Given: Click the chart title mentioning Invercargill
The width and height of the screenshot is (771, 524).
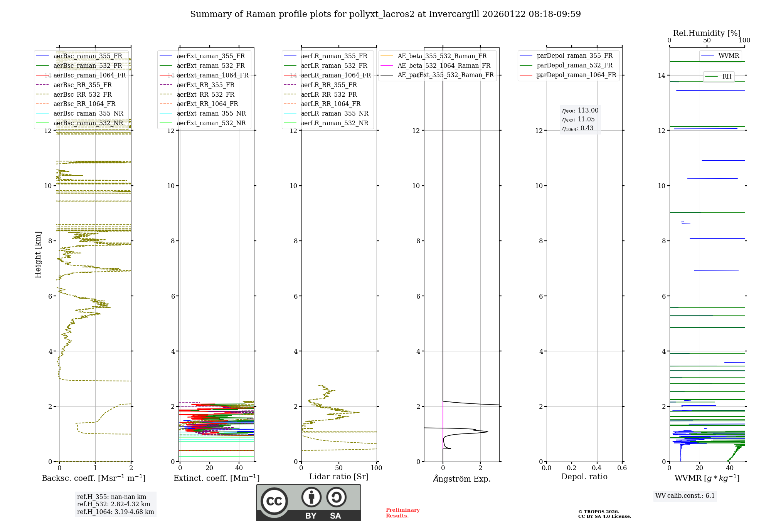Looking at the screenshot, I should click(x=385, y=14).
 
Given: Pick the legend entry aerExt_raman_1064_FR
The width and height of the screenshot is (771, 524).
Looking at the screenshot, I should click(x=212, y=75).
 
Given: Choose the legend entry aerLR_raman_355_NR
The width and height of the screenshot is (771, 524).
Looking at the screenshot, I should click(x=334, y=113).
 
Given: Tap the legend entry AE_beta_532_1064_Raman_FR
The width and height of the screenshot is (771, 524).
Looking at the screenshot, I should click(x=444, y=65).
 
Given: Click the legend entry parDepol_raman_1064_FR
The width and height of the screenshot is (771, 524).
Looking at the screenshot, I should click(x=576, y=75).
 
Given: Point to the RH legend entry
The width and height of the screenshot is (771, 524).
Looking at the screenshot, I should click(x=727, y=77).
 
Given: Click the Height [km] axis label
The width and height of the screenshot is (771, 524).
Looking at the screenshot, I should click(x=38, y=255).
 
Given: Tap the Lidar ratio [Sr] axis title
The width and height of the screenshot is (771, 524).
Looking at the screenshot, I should click(x=339, y=477).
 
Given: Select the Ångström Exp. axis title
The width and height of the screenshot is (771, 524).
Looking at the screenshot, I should click(x=461, y=479).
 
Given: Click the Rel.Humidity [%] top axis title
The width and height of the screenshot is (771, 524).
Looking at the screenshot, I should click(x=707, y=33).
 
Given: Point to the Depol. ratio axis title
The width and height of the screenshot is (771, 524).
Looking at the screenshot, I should click(x=584, y=477).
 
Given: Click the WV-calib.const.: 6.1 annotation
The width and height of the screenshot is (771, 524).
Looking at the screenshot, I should click(x=685, y=495).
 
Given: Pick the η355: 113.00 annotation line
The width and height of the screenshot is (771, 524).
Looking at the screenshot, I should click(x=580, y=111).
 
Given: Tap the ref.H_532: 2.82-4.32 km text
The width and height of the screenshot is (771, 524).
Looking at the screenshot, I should click(x=113, y=504).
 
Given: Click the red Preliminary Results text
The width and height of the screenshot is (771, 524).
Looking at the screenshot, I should click(x=402, y=513).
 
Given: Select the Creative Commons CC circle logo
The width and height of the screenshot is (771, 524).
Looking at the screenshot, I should click(x=274, y=501).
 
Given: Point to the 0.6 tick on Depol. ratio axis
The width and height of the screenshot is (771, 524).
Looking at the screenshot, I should click(x=622, y=468).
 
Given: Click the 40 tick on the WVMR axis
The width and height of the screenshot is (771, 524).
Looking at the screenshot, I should click(x=730, y=468).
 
